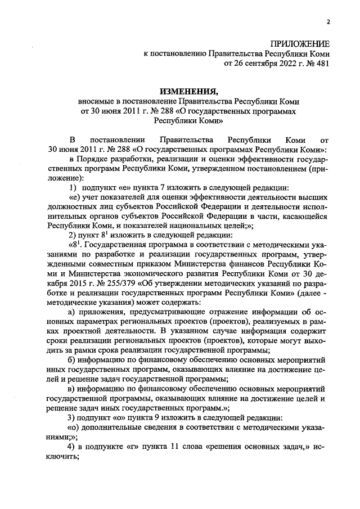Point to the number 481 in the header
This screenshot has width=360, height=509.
click(x=321, y=64)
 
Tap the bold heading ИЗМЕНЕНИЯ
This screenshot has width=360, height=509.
click(x=188, y=91)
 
